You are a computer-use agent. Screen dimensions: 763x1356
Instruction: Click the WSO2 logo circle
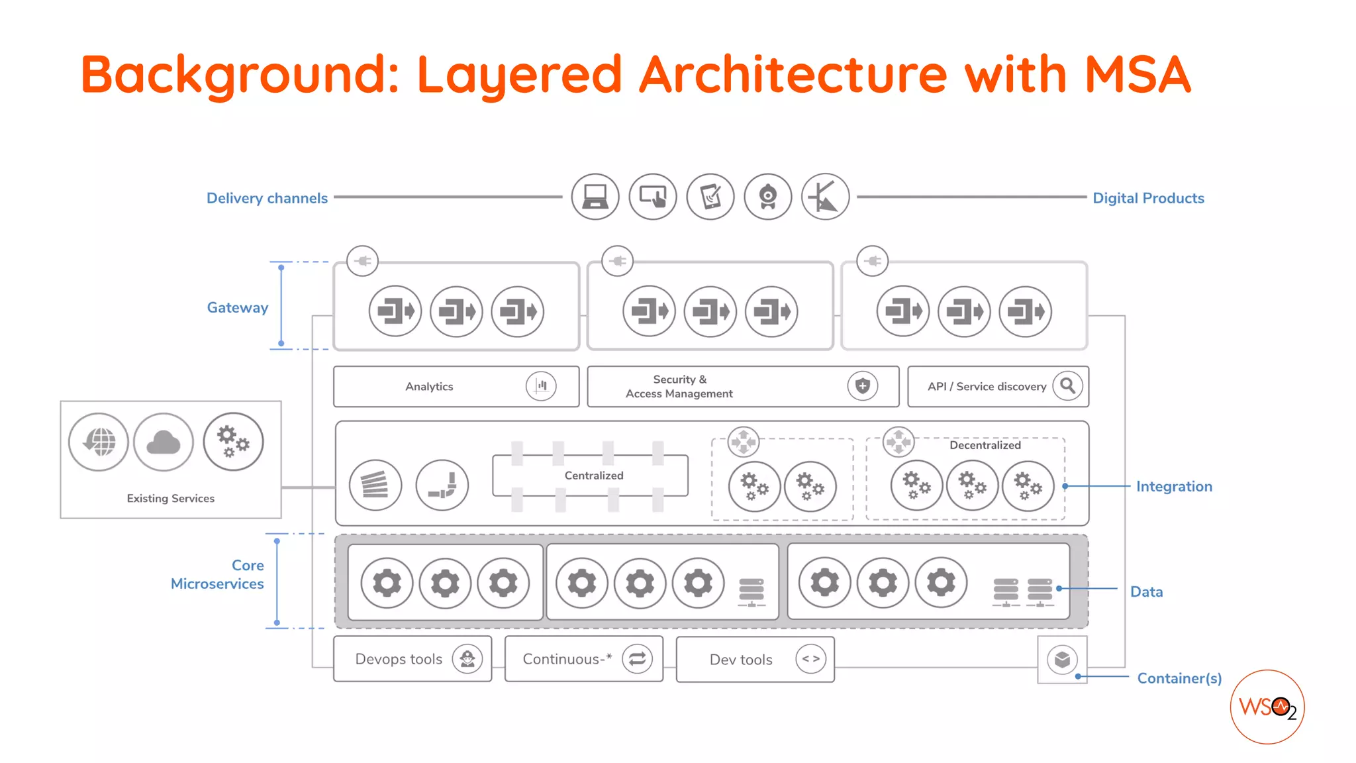click(x=1267, y=707)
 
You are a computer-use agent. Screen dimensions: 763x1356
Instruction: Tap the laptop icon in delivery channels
click(x=595, y=197)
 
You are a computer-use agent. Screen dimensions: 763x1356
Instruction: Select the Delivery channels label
click(x=267, y=198)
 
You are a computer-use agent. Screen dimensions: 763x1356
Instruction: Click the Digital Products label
click(x=1148, y=198)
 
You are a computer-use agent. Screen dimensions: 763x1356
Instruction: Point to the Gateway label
click(x=237, y=307)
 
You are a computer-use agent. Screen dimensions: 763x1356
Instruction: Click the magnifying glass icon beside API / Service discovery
click(x=1067, y=385)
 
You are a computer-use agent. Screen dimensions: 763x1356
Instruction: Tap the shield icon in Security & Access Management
click(x=862, y=385)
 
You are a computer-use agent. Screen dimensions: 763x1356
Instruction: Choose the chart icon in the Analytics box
click(x=541, y=385)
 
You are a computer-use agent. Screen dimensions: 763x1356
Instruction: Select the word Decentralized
click(x=985, y=445)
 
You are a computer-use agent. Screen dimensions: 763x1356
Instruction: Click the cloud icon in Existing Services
click(x=164, y=442)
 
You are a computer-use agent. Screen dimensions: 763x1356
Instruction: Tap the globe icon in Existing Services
click(x=99, y=442)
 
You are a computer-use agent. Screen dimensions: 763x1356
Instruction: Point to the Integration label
click(x=1174, y=486)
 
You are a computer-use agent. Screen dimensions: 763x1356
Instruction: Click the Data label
click(x=1146, y=591)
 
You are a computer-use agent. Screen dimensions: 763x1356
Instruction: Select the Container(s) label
click(x=1179, y=678)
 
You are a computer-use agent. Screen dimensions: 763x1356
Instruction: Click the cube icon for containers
click(x=1062, y=660)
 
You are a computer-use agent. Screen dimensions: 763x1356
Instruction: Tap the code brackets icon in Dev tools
click(x=810, y=659)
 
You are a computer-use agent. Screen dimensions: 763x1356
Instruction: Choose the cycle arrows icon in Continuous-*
click(x=637, y=659)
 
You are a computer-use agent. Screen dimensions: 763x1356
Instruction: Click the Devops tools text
click(x=399, y=659)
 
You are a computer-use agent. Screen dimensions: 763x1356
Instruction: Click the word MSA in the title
click(x=1137, y=74)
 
